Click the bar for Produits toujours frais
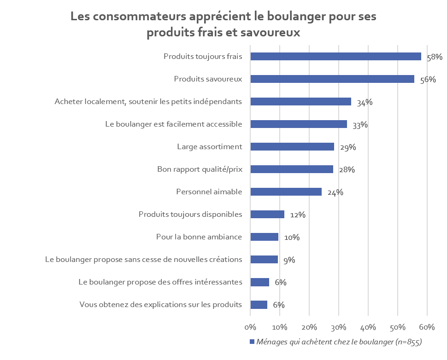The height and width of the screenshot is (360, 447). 335,57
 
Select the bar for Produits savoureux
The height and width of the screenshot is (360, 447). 332,79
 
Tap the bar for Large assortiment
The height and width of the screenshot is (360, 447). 292,147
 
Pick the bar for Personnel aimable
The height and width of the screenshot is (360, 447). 286,192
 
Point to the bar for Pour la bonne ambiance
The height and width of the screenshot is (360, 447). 264,237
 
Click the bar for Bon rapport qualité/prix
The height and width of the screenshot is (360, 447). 291,169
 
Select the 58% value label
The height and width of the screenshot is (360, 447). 435,57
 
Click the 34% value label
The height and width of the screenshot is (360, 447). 365,102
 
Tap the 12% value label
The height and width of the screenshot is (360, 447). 298,215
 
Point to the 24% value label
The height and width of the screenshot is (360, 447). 335,192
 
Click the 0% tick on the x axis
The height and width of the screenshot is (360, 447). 250,327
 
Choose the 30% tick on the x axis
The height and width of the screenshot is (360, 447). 339,327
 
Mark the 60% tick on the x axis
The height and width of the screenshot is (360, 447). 427,327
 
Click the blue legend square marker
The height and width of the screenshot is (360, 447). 252,342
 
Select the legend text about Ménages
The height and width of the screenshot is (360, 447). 339,342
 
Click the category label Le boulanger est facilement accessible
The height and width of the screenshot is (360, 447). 173,124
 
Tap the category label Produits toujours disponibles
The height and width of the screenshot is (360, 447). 190,215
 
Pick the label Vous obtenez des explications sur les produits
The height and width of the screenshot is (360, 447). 160,305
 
